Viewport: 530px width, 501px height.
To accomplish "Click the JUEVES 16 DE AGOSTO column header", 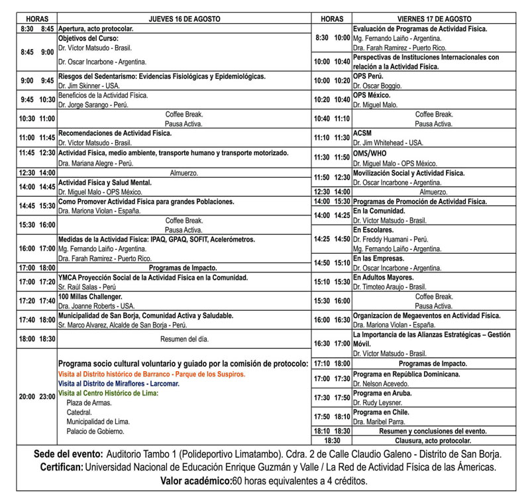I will tap(184, 19).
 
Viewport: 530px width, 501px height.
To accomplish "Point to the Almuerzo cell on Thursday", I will tap(184, 172).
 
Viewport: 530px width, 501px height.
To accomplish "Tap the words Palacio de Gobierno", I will tap(95, 431).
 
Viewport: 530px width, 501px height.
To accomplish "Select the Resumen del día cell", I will tap(184, 339).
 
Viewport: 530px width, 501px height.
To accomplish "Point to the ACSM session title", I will tap(362, 133).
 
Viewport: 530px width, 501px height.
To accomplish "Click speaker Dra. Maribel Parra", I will tap(378, 421).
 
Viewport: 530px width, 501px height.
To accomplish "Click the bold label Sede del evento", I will tap(68, 454).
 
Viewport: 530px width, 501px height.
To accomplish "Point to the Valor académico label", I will tap(195, 480).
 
